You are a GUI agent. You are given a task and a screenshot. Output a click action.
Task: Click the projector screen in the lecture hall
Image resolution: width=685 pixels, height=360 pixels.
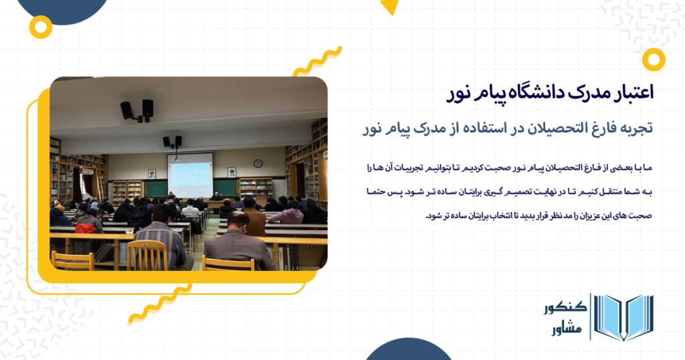point(190,175)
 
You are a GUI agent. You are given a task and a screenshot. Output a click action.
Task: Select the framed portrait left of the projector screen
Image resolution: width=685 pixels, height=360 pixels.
point(152,173)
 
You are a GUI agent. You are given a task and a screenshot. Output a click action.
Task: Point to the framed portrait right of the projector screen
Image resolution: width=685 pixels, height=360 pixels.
point(231,172)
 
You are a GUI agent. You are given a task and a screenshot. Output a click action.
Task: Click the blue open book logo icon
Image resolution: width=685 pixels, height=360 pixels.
point(623,317)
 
